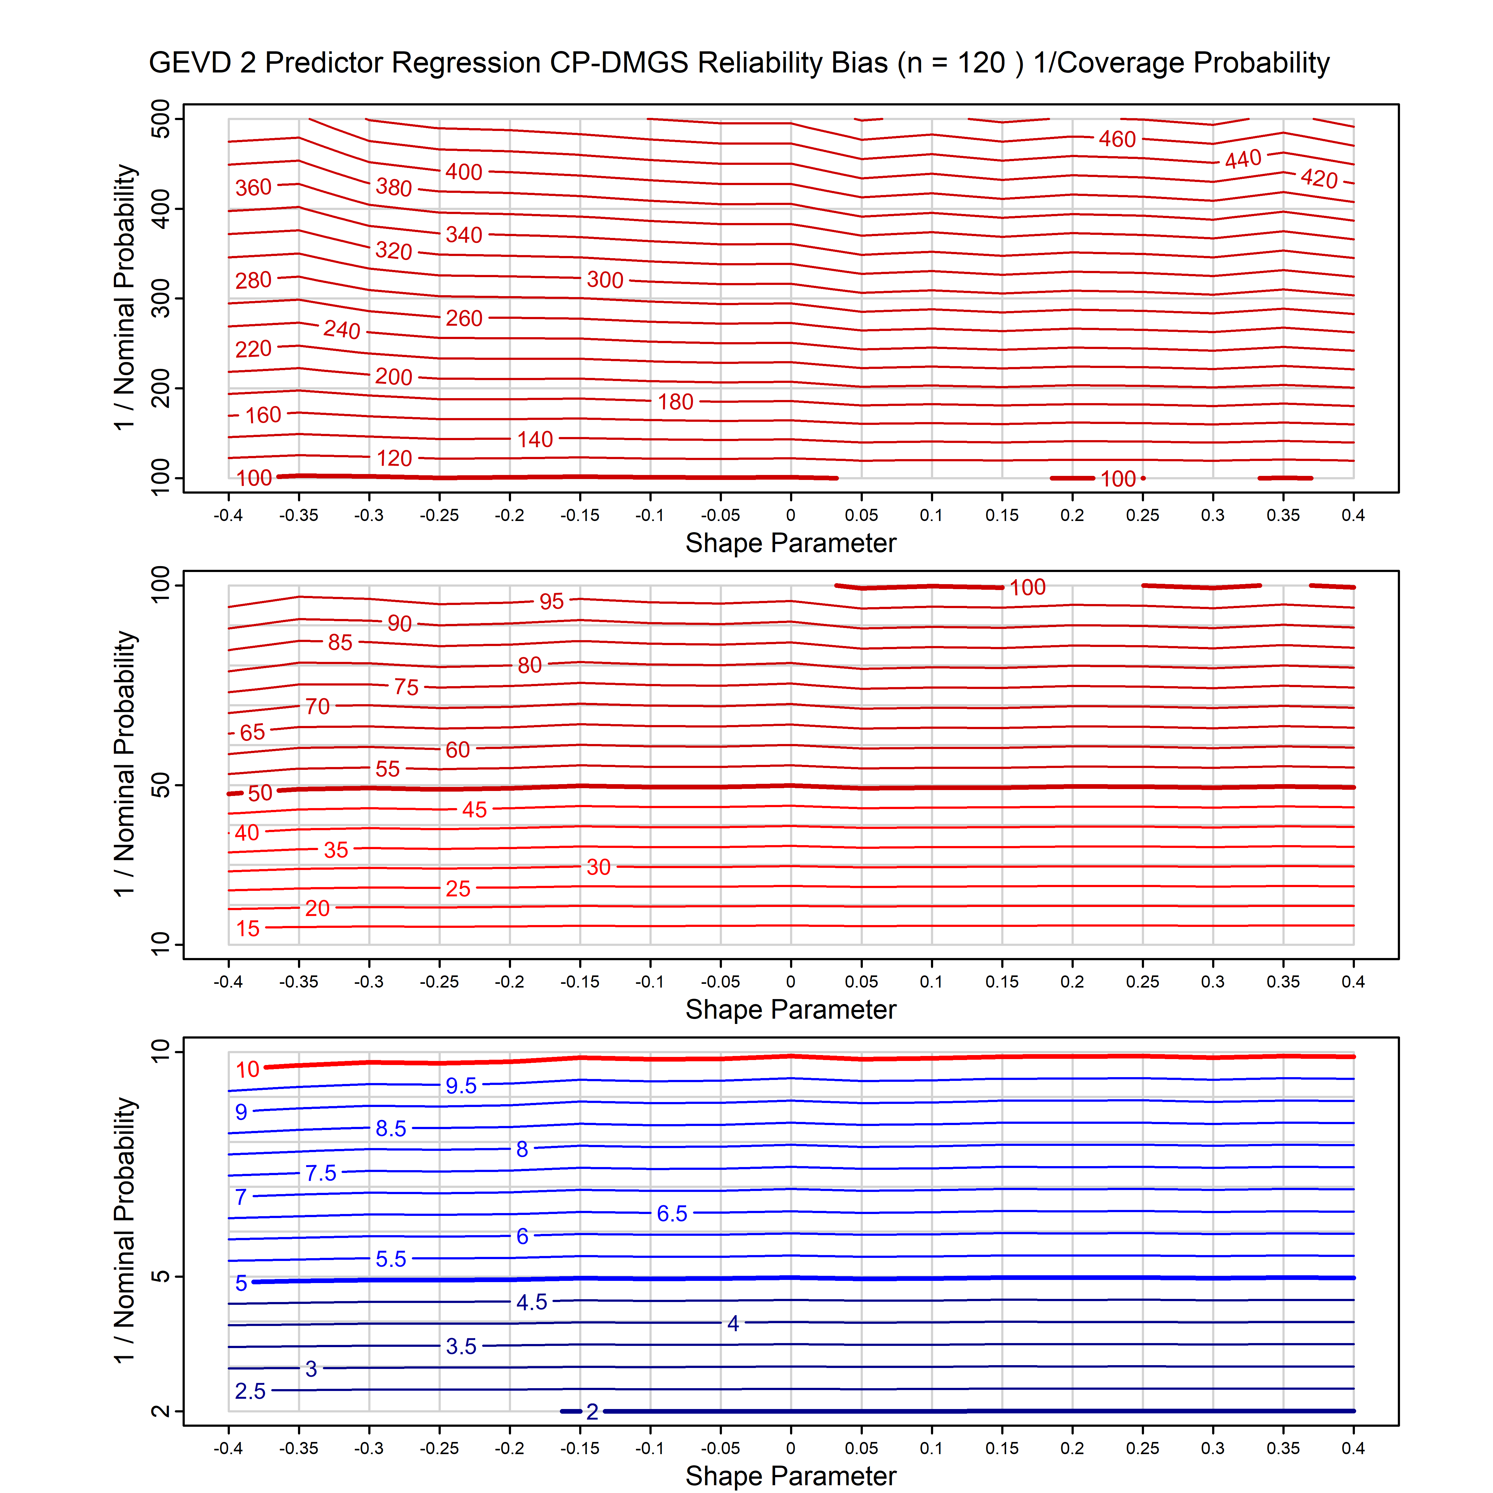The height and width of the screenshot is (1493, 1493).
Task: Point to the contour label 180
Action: click(675, 402)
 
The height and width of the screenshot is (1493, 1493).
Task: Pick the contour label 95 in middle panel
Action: click(552, 601)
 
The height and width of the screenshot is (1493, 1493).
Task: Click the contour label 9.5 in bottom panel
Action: click(461, 1086)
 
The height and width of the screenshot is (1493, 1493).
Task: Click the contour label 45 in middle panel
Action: click(474, 810)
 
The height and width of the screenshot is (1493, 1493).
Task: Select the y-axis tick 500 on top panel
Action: click(161, 119)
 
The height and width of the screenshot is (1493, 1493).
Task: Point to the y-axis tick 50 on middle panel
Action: click(161, 786)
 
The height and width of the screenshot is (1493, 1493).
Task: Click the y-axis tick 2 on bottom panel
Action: click(161, 1411)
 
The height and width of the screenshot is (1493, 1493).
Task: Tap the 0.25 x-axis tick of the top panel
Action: click(1142, 515)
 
